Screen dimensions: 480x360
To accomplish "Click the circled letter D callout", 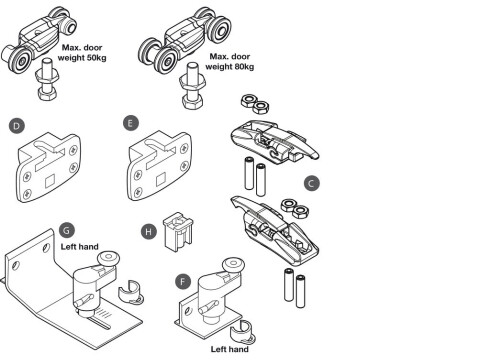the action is (17, 126).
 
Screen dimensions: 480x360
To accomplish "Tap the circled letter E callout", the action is (130, 123).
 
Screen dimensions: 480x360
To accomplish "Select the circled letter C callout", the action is (311, 183).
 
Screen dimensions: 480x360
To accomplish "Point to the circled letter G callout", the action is (66, 230).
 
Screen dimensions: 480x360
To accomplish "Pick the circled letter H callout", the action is (149, 231).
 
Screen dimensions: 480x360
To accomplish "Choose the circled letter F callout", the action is (183, 281).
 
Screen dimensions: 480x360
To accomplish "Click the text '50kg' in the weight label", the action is (96, 58).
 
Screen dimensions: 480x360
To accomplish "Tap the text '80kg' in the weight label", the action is (244, 67).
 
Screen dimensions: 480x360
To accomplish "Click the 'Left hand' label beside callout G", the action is (79, 247).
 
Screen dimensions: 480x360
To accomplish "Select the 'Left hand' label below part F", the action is (230, 349).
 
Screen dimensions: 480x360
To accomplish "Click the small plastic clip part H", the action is (178, 232).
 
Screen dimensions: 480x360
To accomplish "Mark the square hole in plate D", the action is (50, 181).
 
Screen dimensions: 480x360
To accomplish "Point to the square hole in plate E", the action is (161, 180).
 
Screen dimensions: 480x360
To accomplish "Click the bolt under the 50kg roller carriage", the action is (47, 79).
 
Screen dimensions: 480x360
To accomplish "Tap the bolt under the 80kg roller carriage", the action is (193, 85).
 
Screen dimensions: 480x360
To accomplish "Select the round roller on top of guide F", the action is (234, 266).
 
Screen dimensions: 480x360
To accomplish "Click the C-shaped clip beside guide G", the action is (131, 292).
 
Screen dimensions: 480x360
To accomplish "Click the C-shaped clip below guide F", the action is (243, 332).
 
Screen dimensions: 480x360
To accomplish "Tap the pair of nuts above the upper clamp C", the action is (255, 104).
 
